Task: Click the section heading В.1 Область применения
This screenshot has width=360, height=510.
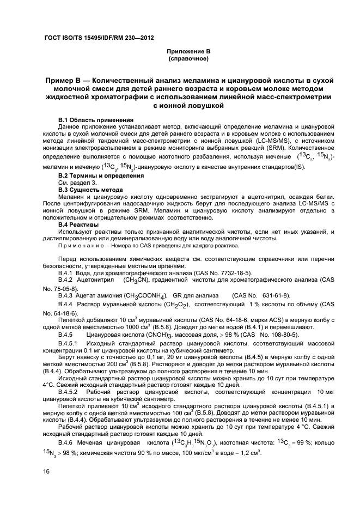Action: tap(95, 119)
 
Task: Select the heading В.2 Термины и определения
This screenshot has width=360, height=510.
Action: tap(101, 175)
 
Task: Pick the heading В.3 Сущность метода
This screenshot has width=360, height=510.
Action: tap(90, 189)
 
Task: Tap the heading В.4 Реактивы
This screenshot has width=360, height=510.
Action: tap(78, 224)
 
